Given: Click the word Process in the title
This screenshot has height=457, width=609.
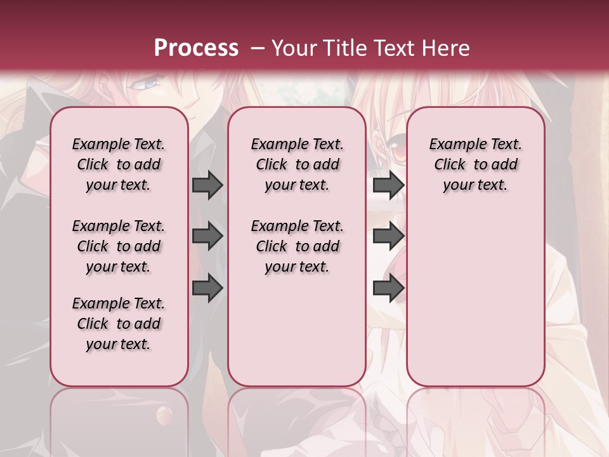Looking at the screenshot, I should pos(196,48).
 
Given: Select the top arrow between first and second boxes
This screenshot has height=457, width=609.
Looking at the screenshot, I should pos(207,185).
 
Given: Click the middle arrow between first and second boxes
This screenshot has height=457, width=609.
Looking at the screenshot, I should pos(207,236).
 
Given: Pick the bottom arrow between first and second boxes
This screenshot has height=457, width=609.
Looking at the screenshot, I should pos(207,288).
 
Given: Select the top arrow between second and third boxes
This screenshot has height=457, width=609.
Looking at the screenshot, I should pos(388,185).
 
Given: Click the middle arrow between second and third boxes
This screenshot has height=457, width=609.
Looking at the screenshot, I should pos(388,236).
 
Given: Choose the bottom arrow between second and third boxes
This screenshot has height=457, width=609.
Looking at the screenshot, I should pos(388,288).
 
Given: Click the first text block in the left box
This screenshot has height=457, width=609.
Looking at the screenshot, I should pos(119,164).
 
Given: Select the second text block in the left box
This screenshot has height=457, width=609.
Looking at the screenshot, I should pos(119,246).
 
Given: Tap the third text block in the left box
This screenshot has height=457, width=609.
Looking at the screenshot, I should pos(119,324).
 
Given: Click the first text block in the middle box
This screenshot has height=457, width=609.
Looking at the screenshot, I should pos(297,164).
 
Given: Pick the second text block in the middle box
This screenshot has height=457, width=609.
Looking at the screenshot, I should pos(297,246).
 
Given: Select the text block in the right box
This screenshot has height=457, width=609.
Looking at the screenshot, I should pos(475,164).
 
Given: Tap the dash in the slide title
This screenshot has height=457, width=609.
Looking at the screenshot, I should pos(257,48).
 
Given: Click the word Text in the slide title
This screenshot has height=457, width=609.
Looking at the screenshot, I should pos(392,48).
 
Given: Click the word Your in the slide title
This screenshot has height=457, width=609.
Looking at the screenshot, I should pos(294,48).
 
